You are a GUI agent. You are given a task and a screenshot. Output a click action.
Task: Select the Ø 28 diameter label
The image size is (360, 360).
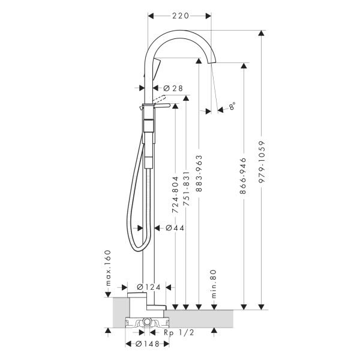point(173,88)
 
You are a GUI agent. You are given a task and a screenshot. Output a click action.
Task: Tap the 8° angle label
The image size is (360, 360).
point(232,106)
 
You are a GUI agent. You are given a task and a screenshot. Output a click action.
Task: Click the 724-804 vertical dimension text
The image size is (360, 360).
point(176,196)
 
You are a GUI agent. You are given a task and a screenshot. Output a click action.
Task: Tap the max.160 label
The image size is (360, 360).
point(108,267)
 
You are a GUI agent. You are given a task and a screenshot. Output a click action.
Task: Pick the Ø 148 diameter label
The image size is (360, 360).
point(148,345)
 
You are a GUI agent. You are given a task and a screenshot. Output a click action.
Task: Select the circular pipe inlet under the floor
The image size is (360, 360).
point(146,323)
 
